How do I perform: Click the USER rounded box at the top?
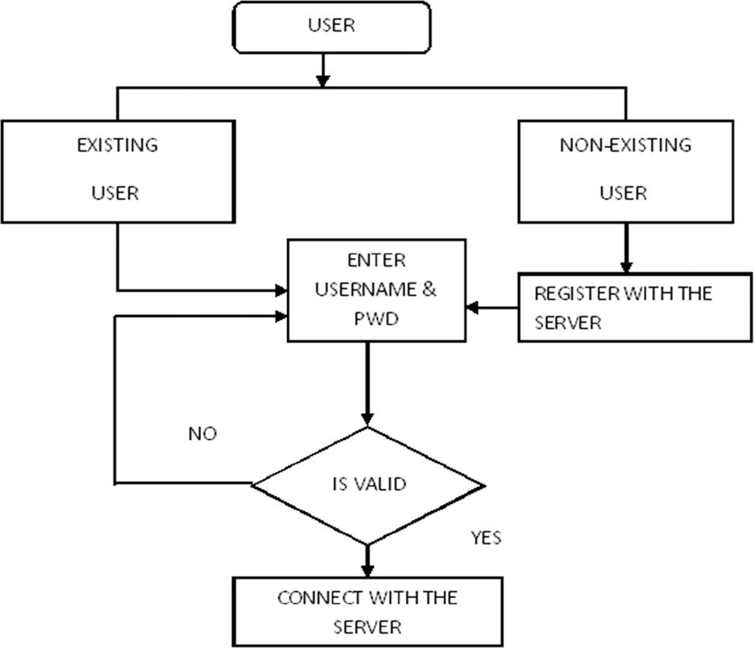332,27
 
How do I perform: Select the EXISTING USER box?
117,171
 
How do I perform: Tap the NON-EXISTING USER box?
625,171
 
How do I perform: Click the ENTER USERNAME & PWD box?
376,290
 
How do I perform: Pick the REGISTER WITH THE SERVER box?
635,308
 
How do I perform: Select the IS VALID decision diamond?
368,485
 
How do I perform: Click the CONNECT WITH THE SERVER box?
367,612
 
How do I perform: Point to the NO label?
202,434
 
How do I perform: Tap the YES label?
486,538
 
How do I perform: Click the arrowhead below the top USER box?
322,79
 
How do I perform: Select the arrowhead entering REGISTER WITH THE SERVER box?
627,267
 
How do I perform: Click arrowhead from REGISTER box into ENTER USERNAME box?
473,308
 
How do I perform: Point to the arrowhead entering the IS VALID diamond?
367,419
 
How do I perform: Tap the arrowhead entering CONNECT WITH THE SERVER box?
367,570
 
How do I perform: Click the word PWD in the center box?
376,319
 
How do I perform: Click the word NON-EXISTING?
625,146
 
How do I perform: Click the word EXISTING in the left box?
117,146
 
